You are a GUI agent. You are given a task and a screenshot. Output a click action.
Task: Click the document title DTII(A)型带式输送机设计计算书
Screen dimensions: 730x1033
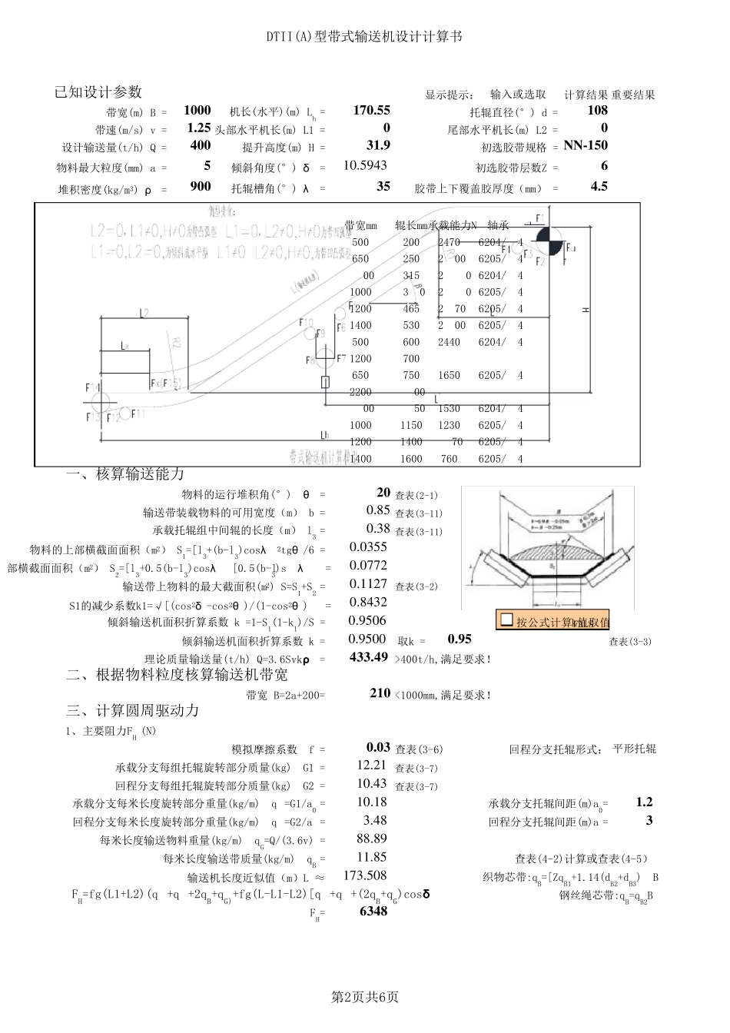pos(364,36)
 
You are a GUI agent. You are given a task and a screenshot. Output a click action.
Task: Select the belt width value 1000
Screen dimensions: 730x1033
pos(197,110)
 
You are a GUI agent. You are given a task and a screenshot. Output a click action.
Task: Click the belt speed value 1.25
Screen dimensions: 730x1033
pos(199,128)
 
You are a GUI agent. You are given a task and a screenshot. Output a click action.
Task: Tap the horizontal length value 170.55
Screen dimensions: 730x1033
pos(371,110)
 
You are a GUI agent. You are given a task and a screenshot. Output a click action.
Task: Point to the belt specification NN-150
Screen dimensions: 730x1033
pos(585,145)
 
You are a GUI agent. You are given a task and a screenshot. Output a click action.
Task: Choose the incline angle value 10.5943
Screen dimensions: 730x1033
pos(365,165)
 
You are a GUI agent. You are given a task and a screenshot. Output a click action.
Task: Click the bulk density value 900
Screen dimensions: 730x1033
pos(201,186)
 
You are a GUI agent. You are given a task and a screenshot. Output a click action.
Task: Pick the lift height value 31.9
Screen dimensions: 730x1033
pos(379,145)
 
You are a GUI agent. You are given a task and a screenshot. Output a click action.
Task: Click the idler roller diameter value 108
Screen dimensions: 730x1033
pos(597,110)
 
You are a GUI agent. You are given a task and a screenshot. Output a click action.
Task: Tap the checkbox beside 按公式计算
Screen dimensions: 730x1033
pos(506,619)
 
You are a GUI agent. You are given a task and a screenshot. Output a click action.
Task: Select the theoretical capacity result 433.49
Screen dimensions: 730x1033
pos(369,657)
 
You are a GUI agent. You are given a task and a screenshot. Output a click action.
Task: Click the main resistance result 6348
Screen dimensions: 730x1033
pos(373,912)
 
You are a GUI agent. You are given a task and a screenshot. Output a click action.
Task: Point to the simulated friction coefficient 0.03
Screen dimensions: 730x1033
pos(378,747)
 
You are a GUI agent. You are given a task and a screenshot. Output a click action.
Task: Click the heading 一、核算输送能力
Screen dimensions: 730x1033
pos(125,474)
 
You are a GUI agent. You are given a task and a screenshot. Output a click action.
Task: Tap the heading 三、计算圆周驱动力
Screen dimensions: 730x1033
pos(132,710)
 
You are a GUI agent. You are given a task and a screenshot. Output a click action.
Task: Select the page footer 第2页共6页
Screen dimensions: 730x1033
pos(364,997)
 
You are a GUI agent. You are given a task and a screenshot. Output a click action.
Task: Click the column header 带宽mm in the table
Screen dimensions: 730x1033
pos(360,225)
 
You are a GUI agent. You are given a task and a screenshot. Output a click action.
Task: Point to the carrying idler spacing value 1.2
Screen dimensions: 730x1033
pos(644,802)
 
